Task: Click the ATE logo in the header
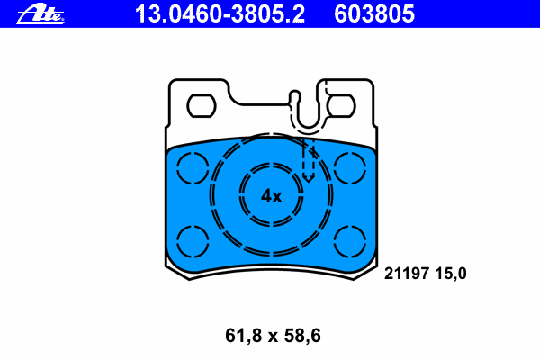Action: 40,14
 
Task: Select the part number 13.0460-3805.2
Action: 220,14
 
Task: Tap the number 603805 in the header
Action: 374,14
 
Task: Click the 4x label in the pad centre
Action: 272,196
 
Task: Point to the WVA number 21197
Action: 407,274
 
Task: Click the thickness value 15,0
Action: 451,274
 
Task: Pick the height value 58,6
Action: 302,336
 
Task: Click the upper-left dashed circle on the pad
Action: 193,153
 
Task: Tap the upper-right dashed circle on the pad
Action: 350,153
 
